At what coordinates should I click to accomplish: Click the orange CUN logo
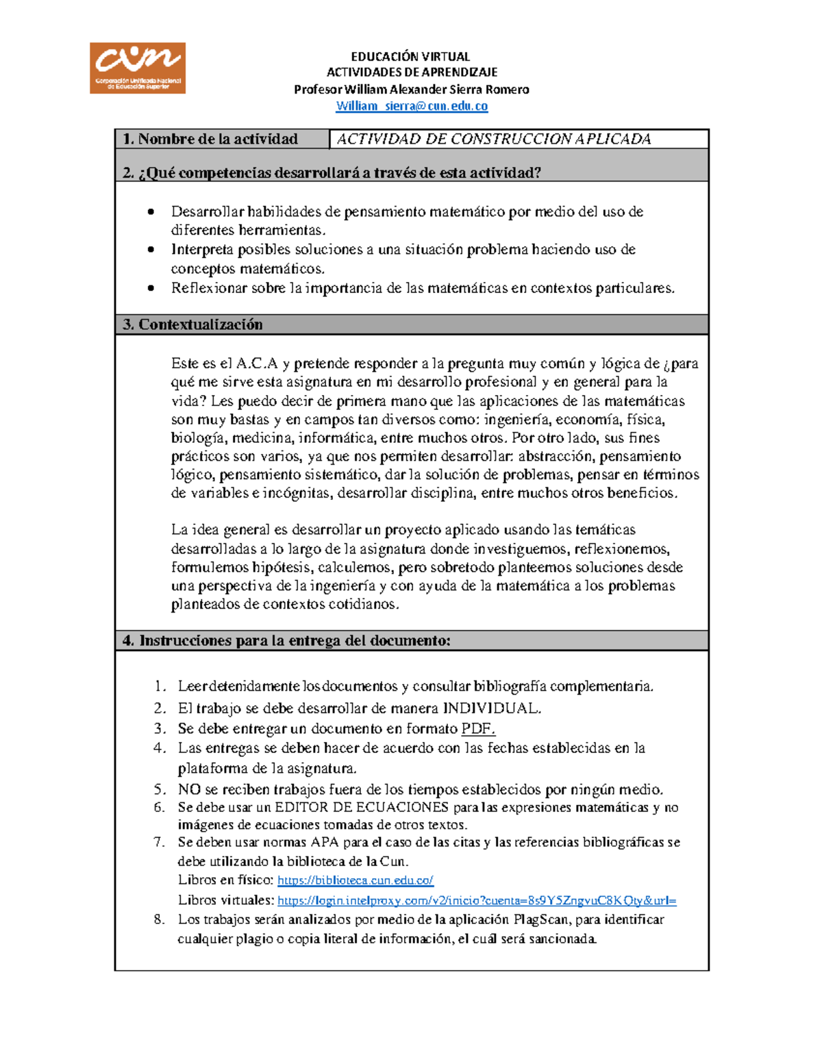coord(137,68)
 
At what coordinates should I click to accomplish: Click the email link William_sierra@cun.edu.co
coord(412,106)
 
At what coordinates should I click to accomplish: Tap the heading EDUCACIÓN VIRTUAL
coord(410,56)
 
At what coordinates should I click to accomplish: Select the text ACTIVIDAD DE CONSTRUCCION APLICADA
coord(493,139)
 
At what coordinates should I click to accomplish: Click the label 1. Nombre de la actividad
coord(210,139)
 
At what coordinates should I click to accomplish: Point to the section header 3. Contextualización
coord(193,324)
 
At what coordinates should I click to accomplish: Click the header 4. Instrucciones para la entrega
coord(286,641)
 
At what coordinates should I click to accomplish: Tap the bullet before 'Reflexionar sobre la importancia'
coord(151,288)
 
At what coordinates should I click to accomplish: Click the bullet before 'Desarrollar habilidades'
coord(151,212)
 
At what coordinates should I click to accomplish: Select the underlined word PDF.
coord(478,728)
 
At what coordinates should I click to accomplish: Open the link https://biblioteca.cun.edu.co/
coord(355,880)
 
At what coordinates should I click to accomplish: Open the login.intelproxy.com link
coord(477,901)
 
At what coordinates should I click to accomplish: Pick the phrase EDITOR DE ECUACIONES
coord(362,807)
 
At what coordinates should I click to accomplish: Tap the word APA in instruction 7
coord(325,842)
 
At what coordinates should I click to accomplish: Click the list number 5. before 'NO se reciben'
coord(160,789)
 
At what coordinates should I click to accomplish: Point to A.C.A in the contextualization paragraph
coord(257,363)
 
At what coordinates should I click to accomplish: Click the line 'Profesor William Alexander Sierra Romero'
coord(411,90)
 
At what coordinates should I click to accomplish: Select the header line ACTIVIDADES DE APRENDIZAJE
coord(412,73)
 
